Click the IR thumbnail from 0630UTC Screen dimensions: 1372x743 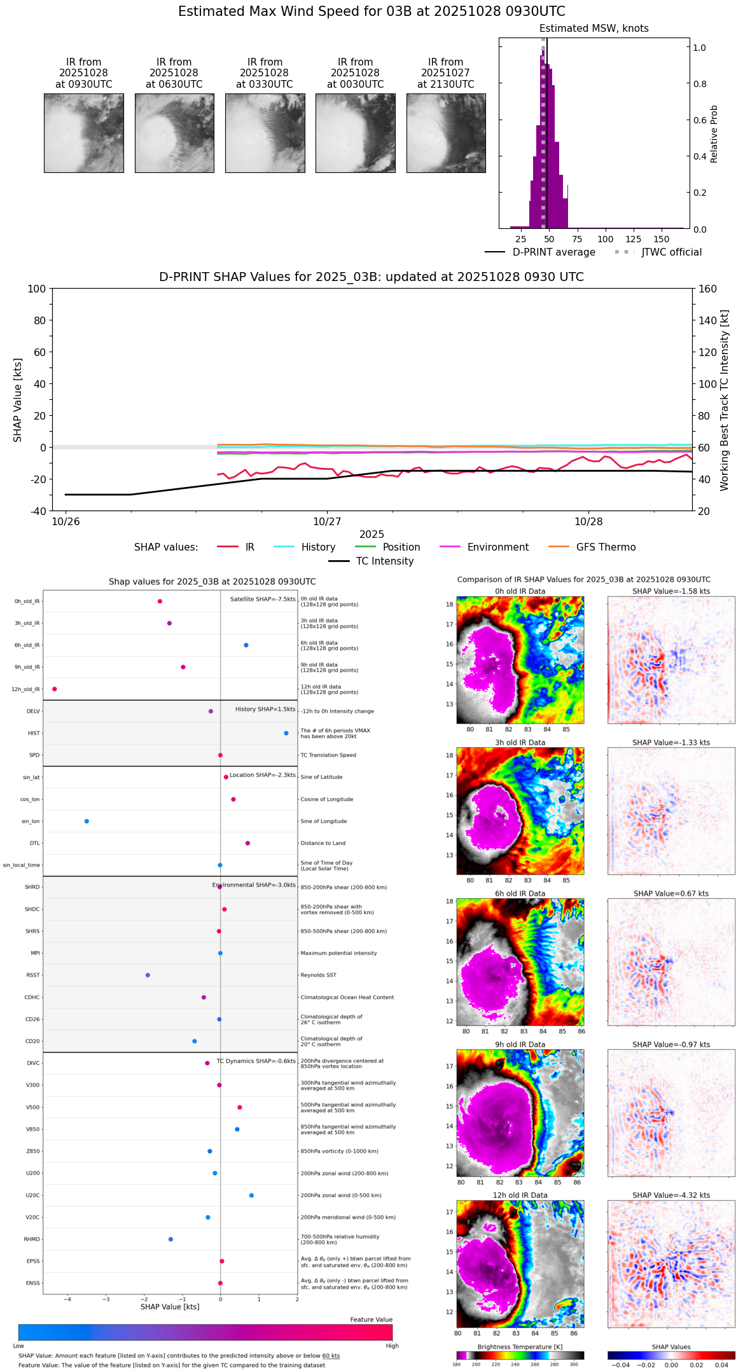[174, 133]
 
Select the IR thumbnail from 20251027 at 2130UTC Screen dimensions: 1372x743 [446, 133]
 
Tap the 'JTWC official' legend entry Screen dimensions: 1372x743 [671, 252]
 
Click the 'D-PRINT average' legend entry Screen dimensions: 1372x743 [553, 252]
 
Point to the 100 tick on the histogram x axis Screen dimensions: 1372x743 [606, 239]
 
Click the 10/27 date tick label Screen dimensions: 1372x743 [327, 521]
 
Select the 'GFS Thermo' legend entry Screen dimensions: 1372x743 [606, 547]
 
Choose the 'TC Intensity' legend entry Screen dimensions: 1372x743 [384, 561]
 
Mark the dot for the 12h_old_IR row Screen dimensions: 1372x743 [55, 689]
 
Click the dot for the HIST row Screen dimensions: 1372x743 [286, 733]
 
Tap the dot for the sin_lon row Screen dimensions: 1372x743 [87, 821]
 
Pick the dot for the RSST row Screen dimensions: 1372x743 [148, 975]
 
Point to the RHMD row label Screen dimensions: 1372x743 [32, 1239]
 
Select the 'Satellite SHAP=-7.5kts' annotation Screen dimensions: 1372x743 [263, 599]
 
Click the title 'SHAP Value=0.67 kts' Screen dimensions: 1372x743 [671, 893]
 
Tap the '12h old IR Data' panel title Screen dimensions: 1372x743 [520, 1195]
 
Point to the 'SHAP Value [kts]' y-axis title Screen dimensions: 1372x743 [18, 400]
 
